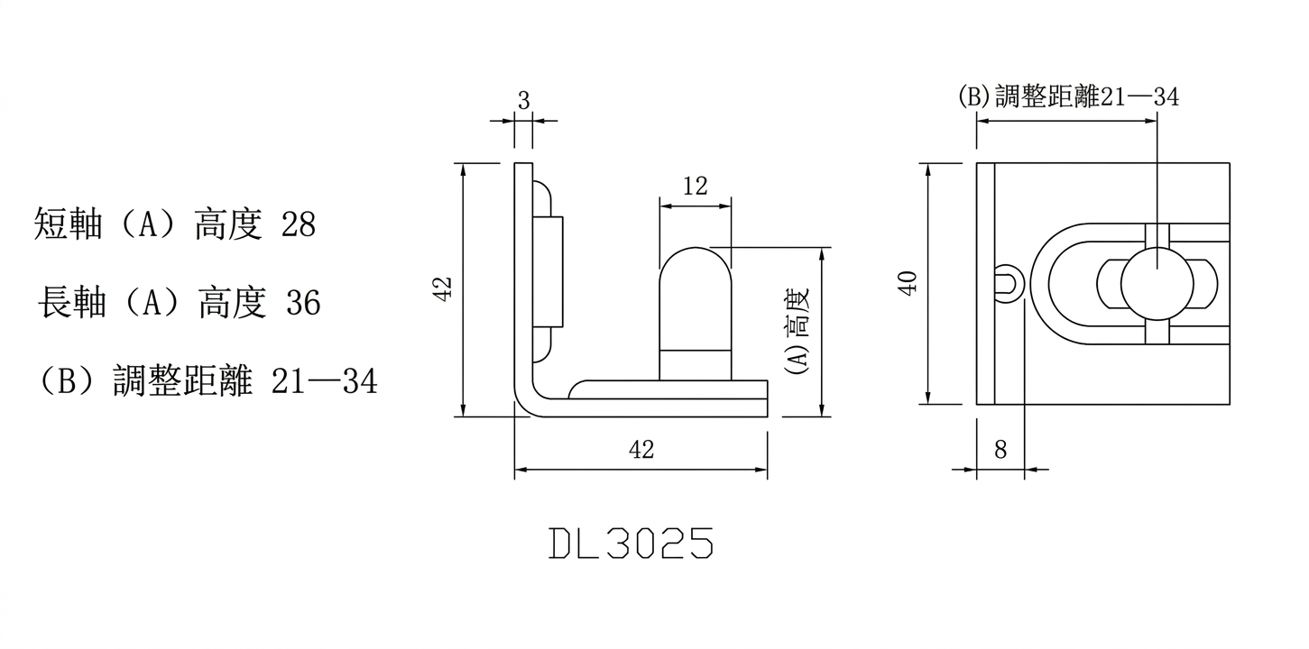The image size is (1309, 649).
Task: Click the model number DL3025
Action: pos(631,544)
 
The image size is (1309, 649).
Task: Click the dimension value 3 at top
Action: pos(523,100)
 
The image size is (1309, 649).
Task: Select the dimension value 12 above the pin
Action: pos(696,187)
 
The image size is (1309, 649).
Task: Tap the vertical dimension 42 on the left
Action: pos(443,288)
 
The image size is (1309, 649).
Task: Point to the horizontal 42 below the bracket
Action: pos(641,450)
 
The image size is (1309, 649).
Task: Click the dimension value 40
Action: pos(908,283)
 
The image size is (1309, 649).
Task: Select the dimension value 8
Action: pos(1000,449)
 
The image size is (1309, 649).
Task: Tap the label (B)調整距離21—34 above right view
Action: pos(1068,96)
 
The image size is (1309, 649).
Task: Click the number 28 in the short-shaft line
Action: pos(299,225)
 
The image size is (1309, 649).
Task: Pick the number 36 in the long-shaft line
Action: pos(303,304)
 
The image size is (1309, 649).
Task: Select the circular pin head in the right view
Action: pos(1157,283)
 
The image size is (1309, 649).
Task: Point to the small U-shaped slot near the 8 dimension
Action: pos(1007,282)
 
